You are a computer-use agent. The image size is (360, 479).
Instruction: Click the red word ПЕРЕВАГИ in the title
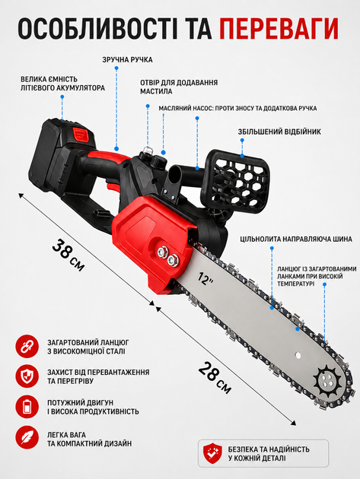point(279,28)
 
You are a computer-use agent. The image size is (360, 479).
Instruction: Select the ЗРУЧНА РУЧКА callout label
point(127,59)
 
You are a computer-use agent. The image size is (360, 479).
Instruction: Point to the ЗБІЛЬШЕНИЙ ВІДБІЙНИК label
point(279,132)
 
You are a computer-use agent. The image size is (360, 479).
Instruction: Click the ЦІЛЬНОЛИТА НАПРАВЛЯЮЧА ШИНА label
point(296,239)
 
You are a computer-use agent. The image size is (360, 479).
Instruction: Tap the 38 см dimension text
point(68,255)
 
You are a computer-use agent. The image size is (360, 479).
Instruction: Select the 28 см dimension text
point(215,378)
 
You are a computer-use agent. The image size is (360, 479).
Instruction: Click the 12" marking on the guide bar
point(205,278)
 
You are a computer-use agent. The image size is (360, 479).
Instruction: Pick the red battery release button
point(80,133)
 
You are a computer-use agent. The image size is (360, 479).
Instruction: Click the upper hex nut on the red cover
point(162,252)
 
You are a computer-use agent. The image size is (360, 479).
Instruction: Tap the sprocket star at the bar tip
point(327,381)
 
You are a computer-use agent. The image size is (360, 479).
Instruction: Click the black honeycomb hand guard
point(237,181)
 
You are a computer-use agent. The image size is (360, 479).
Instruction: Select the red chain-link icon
point(27,347)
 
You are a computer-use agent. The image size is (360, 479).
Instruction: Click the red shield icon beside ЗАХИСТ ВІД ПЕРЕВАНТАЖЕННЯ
point(27,376)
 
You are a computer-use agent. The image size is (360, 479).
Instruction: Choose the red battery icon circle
point(27,407)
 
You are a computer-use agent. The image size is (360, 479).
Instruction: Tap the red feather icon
point(27,438)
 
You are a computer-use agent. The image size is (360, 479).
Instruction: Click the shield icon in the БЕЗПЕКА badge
point(212,453)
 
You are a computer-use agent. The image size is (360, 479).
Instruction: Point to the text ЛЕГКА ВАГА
point(67,435)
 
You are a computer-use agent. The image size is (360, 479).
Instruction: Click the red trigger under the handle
point(113,187)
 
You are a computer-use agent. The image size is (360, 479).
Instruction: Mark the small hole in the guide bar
point(298,355)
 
